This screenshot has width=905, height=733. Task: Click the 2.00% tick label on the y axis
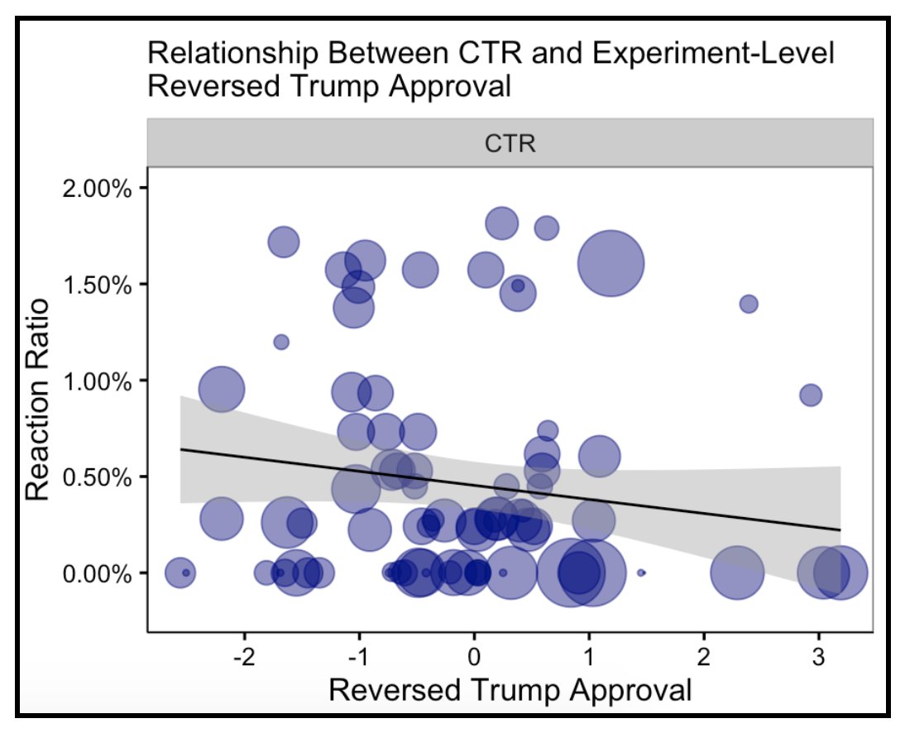point(98,188)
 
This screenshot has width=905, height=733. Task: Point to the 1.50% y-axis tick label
point(98,285)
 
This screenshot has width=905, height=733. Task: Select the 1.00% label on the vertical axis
point(98,381)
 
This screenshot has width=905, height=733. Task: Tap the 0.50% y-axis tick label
point(98,477)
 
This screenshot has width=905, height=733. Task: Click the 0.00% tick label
point(98,573)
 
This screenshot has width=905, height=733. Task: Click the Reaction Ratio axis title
point(37,399)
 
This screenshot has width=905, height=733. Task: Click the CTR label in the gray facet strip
point(510,144)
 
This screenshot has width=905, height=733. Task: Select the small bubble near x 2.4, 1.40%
point(749,304)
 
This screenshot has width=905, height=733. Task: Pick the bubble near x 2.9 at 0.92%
point(811,395)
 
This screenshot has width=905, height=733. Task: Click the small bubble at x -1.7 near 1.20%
point(281,342)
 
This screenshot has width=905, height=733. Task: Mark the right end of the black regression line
point(840,529)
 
